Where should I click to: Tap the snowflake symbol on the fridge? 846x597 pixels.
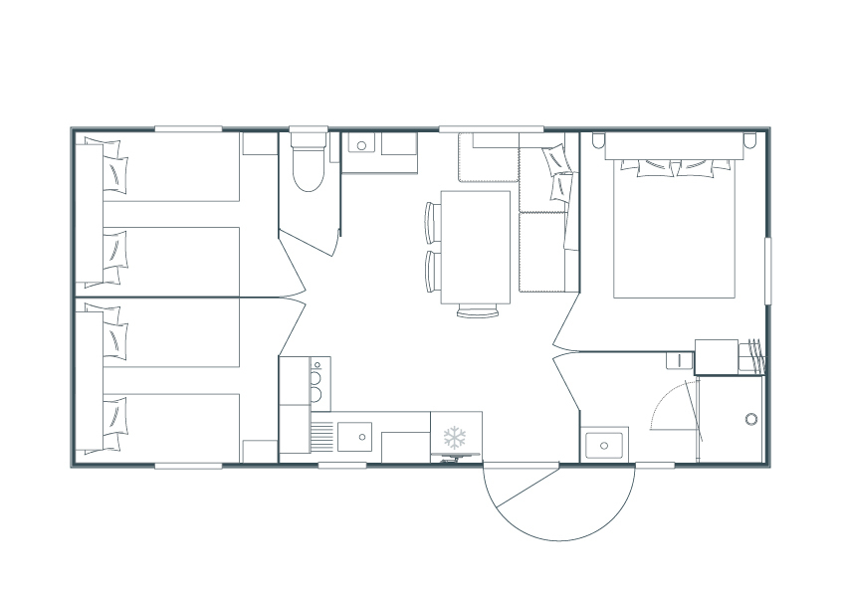455,437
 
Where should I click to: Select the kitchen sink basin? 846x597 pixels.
353,436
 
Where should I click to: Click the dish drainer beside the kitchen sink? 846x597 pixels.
321,436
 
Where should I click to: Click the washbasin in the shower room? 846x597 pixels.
604,444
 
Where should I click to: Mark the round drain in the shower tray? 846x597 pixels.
750,419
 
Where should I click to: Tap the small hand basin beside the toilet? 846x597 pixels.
362,145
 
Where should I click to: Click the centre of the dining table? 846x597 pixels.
475,247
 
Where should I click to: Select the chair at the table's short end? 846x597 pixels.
477,311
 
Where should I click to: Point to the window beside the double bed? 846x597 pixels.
766,270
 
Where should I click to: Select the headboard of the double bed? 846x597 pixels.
674,147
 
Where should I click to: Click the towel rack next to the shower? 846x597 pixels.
753,354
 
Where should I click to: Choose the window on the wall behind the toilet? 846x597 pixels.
309,128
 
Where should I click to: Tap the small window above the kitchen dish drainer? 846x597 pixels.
341,465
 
